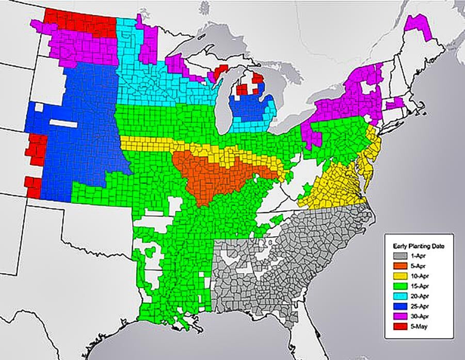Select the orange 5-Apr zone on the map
[x=206, y=176]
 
